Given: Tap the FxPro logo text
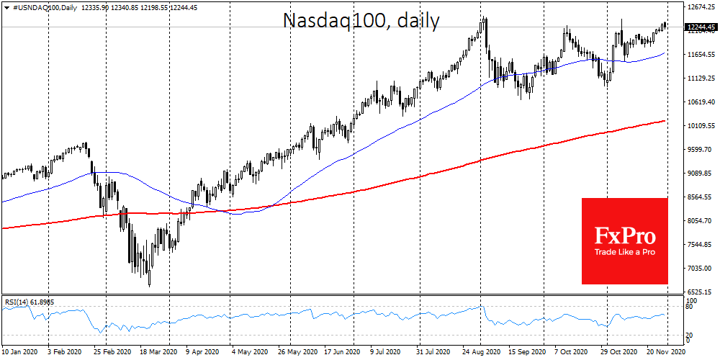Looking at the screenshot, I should (x=624, y=235).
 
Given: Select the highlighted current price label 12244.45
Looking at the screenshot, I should (x=701, y=27).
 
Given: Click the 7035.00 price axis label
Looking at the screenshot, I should (x=701, y=268).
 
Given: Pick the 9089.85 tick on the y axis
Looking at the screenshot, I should (x=701, y=174).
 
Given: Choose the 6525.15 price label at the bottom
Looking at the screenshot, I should (x=701, y=292).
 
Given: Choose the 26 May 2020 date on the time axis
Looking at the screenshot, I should (x=297, y=353).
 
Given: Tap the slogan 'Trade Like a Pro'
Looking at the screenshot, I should (x=624, y=253).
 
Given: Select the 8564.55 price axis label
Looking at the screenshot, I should (x=701, y=197).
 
